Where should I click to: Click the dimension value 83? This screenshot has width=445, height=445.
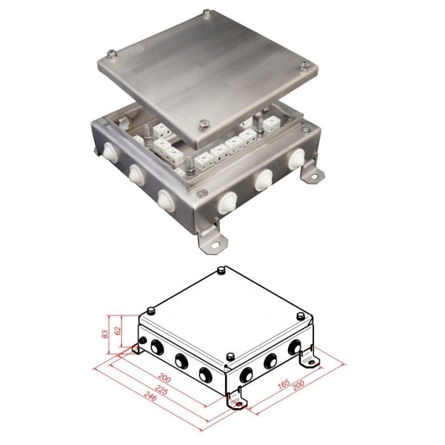click(x=106, y=334)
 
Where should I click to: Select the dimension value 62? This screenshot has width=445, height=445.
click(x=118, y=330)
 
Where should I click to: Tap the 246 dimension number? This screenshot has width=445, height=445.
click(x=151, y=396)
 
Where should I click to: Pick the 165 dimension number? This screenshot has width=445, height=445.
click(x=284, y=384)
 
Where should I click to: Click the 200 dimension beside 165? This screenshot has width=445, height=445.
click(x=298, y=385)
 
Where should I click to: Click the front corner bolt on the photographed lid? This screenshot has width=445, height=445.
click(x=203, y=125)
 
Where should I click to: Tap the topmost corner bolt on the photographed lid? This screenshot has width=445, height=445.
click(x=207, y=13)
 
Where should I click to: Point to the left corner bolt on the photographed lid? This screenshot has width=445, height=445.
click(x=111, y=53)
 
